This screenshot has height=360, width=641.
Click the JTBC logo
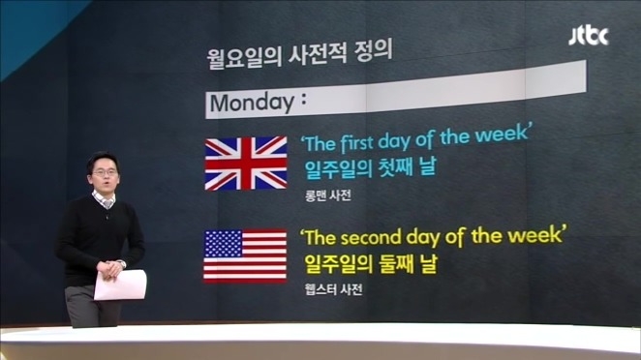588,36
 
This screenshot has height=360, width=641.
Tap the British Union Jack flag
246,163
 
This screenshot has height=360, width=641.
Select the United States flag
245,255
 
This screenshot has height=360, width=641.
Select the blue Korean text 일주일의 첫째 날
364,166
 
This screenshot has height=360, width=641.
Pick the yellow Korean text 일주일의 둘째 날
364,262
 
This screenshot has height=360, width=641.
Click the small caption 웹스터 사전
327,287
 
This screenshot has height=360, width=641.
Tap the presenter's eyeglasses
105,172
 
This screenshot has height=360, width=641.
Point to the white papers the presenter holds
119,285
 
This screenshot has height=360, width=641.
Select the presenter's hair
102,158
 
